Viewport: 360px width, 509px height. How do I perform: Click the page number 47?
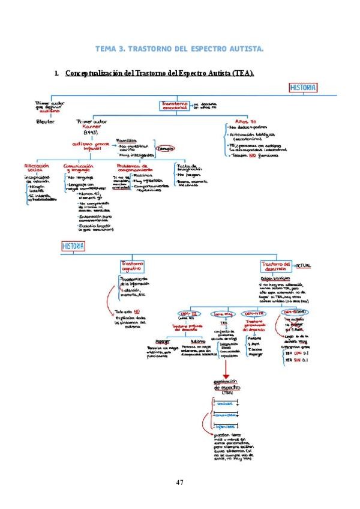[x=179, y=481]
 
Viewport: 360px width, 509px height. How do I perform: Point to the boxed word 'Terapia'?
[x=166, y=148]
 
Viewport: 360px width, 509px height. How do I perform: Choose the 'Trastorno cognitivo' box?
[x=133, y=267]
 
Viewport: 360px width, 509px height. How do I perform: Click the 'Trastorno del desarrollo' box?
[x=277, y=267]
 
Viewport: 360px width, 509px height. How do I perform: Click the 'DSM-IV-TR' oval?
[x=254, y=314]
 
